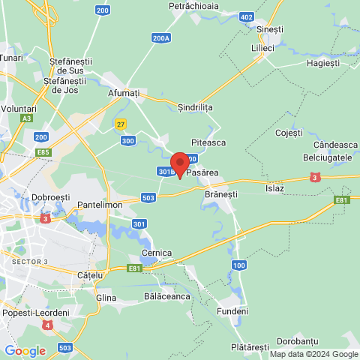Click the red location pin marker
point(179,164)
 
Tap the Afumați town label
point(124,92)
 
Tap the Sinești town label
point(270,28)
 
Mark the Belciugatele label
point(326,157)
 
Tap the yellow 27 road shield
point(120,124)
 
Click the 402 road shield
point(247,17)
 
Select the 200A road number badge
point(160,37)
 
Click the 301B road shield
point(166,172)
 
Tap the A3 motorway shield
point(27,118)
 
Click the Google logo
point(24,351)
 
